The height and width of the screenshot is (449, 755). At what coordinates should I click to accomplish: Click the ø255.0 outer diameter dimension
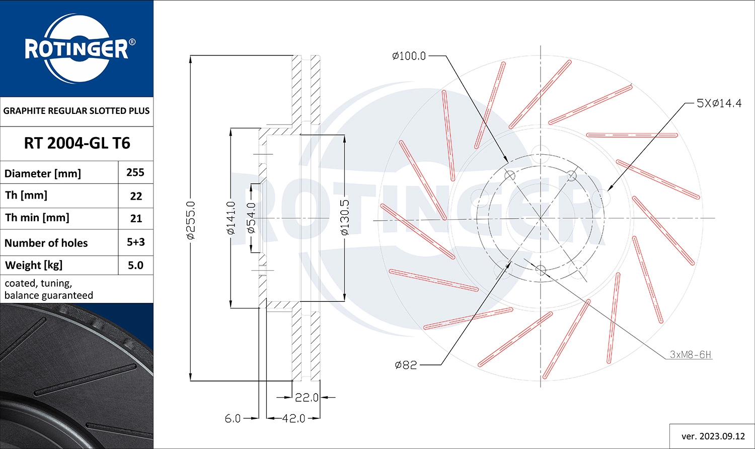pyautogui.click(x=190, y=220)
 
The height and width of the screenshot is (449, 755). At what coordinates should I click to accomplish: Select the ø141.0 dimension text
pyautogui.click(x=231, y=218)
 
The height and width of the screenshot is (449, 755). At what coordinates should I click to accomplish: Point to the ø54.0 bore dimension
pyautogui.click(x=252, y=218)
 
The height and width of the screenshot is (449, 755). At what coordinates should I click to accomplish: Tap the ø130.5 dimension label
pyautogui.click(x=344, y=218)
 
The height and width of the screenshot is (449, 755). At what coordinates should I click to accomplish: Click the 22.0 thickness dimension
pyautogui.click(x=307, y=398)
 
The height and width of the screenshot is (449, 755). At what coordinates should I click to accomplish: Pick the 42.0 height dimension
pyautogui.click(x=293, y=419)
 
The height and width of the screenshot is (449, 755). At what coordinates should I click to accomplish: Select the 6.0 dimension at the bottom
pyautogui.click(x=233, y=419)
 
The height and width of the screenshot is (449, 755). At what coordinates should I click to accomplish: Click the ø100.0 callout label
pyautogui.click(x=409, y=56)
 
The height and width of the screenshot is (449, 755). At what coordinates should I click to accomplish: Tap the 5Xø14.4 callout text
pyautogui.click(x=719, y=103)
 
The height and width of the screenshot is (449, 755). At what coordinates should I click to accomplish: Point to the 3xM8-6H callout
pyautogui.click(x=690, y=355)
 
